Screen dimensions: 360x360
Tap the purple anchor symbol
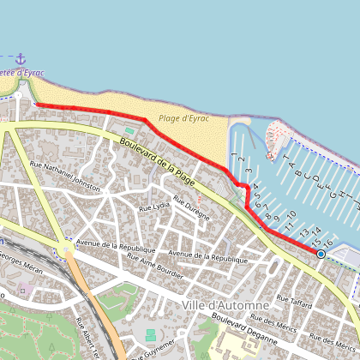point(21,57)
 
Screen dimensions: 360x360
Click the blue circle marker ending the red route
point(321,254)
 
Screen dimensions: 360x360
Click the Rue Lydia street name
point(155,207)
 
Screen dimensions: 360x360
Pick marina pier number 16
point(327,244)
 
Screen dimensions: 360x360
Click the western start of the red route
point(36,105)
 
